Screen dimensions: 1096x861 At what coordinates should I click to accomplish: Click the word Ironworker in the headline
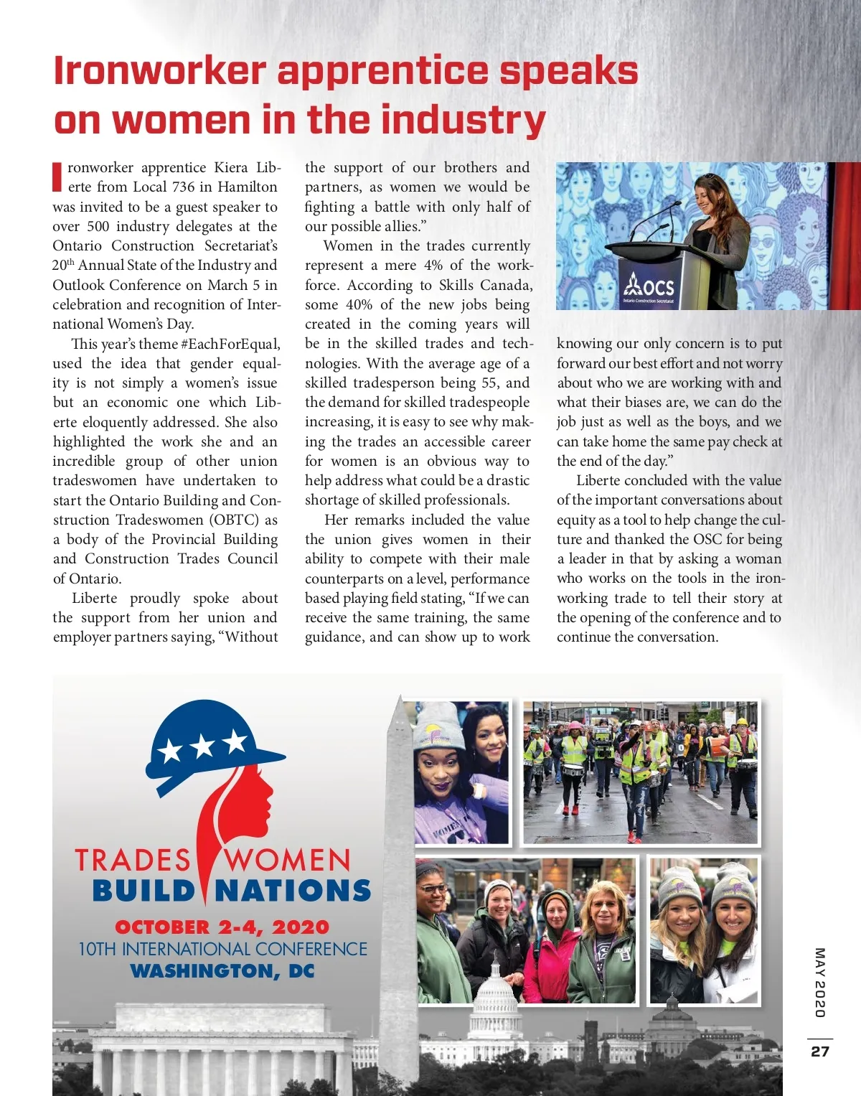tap(160, 71)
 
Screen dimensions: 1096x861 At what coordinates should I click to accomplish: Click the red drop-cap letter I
tap(57, 177)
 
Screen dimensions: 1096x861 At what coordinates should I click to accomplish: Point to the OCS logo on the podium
tap(649, 287)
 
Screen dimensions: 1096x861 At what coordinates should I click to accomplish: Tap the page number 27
tap(820, 1051)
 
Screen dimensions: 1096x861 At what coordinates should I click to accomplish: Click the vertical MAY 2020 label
tap(820, 982)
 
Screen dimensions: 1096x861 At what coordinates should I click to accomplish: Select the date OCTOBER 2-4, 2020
tap(222, 927)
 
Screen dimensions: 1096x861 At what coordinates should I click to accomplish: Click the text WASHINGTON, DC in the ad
tap(222, 971)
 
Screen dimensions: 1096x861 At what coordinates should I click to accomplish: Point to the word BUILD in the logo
tap(143, 891)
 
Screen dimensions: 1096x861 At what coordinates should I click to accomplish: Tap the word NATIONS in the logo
tap(293, 891)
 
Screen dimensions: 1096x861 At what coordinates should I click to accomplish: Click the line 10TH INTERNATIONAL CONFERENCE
tap(222, 949)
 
